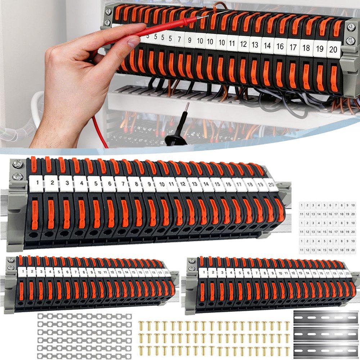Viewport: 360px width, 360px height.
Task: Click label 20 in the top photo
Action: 333,50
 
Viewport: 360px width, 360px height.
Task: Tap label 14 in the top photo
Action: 267,46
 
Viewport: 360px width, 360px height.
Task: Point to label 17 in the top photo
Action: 293,48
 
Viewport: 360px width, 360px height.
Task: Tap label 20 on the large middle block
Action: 271,184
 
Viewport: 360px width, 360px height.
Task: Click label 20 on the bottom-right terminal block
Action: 347,273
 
